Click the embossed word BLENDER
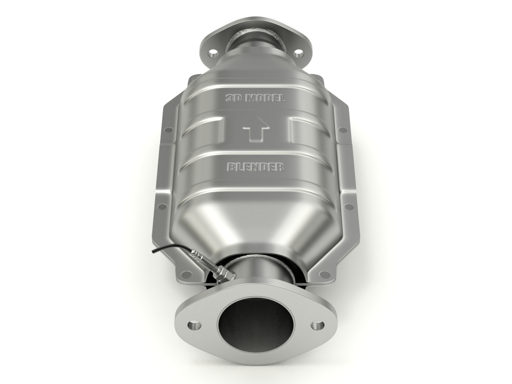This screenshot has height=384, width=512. [x=255, y=167]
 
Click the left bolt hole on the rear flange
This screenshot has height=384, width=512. [x=212, y=52]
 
